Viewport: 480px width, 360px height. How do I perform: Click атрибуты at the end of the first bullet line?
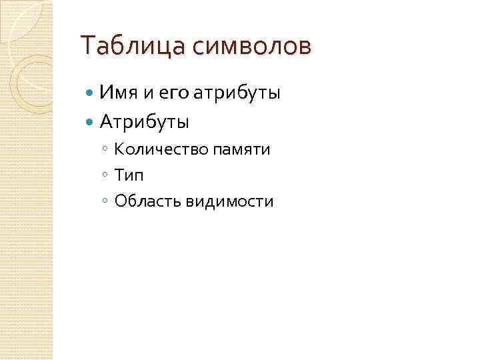[237, 93]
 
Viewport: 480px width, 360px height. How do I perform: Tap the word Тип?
[129, 175]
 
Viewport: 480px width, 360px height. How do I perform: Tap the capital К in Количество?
[119, 149]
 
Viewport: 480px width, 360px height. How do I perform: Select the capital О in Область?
[120, 201]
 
